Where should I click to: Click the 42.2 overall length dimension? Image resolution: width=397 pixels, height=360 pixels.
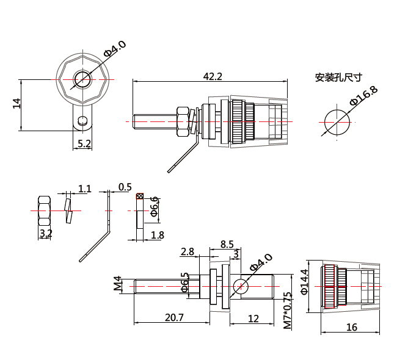coord(212,76)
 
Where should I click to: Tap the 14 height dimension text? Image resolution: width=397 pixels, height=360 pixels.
coord(16,104)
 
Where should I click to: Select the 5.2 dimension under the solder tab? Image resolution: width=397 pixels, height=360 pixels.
coord(84,144)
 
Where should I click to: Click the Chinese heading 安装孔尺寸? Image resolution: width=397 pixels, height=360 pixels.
coord(338,77)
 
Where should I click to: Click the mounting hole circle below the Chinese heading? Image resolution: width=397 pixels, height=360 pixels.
coord(335,121)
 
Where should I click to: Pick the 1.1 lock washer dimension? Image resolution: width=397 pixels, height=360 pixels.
coord(85,189)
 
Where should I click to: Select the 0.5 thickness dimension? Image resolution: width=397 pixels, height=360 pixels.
coord(125,186)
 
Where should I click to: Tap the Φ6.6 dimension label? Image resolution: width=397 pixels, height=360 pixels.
coord(155,207)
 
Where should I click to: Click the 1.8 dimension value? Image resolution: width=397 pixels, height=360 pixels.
coord(157,235)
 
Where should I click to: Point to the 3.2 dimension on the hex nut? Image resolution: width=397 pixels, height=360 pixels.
coord(46,233)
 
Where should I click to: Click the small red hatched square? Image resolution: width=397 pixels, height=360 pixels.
coord(139,196)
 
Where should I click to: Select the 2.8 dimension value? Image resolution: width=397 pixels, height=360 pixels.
coord(188,251)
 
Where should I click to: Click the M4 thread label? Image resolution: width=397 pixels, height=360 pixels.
coord(118,285)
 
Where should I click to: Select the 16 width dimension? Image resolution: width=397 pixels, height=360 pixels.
coord(351,327)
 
